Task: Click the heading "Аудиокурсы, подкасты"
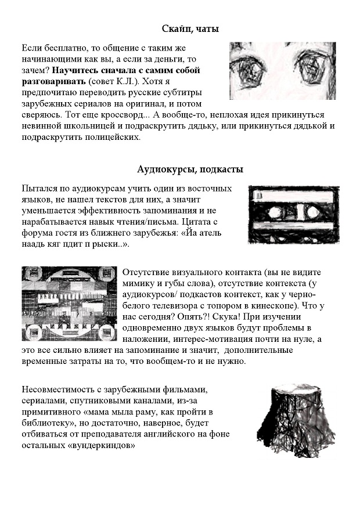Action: coord(190,169)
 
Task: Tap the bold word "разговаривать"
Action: coord(53,82)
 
